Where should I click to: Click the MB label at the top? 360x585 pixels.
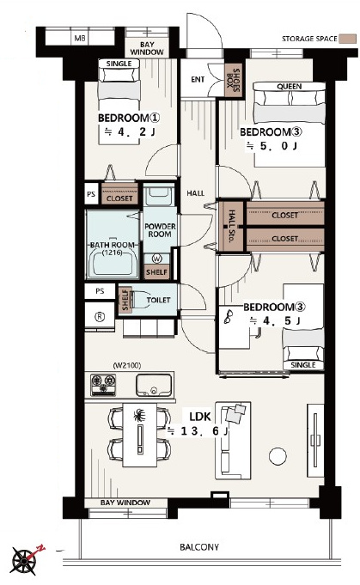[x=79, y=38]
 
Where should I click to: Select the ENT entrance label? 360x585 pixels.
[x=198, y=80]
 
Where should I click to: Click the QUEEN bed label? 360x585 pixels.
[x=290, y=86]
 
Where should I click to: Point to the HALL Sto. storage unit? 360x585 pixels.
[x=230, y=226]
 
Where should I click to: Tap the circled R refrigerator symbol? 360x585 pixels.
[x=99, y=316]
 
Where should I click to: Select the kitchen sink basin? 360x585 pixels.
[x=154, y=385]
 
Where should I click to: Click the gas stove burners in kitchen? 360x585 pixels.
[x=103, y=385]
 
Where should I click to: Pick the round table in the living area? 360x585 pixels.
[x=278, y=456]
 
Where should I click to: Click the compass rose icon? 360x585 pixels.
[x=24, y=560]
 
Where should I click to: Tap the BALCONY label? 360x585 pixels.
[x=199, y=547]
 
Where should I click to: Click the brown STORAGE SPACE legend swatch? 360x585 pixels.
[x=347, y=39]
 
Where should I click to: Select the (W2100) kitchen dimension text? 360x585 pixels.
[x=127, y=365]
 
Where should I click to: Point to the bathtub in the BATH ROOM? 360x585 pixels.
[x=113, y=262]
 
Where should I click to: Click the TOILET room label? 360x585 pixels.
[x=159, y=300]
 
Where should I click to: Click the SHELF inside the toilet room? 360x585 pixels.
[x=125, y=299]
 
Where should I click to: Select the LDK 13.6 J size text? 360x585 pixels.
[x=198, y=431]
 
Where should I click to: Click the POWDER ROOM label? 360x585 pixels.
[x=160, y=230]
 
